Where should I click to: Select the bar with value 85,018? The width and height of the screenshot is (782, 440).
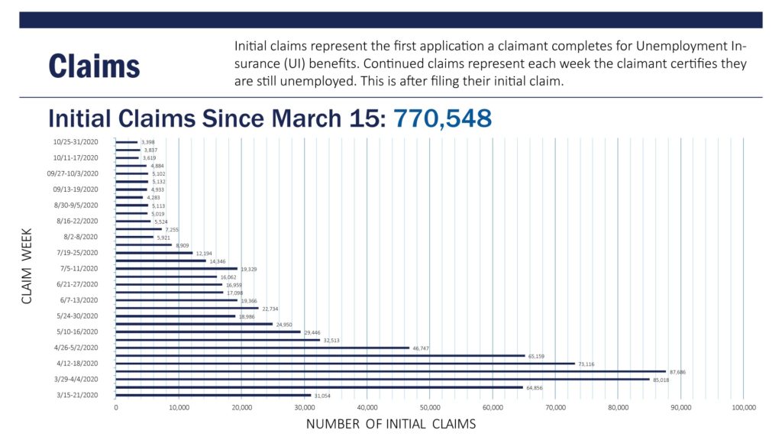pos(382,379)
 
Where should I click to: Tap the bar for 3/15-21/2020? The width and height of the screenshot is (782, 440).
pos(213,395)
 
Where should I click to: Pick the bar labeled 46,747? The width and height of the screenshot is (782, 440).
pos(262,348)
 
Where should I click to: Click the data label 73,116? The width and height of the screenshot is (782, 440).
pos(585,364)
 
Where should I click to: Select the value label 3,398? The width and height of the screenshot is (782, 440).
pos(148,142)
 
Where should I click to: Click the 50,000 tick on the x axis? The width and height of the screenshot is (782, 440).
pos(429,408)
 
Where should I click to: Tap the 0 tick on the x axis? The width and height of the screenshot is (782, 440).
pos(115,408)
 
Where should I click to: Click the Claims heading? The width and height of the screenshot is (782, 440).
pos(94,66)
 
